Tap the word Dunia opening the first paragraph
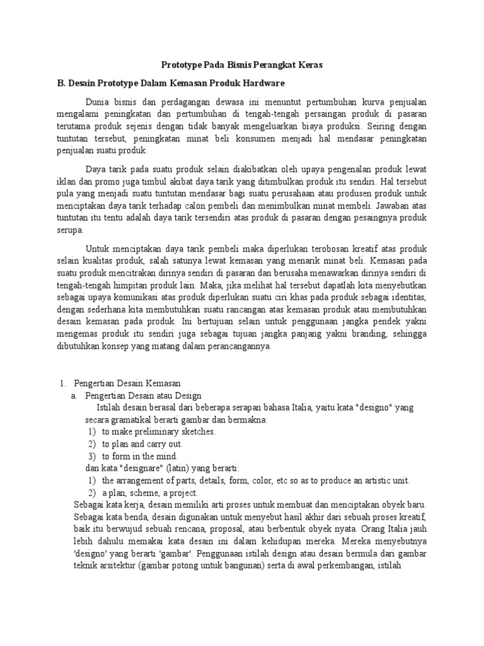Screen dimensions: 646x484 pos(98,102)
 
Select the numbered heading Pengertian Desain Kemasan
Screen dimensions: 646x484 pos(127,384)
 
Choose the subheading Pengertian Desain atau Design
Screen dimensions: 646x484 pos(143,396)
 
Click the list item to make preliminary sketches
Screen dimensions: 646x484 pos(159,432)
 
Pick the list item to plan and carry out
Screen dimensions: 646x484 pos(142,444)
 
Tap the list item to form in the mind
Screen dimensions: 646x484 pos(140,456)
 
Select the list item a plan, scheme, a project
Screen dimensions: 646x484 pos(149,493)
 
